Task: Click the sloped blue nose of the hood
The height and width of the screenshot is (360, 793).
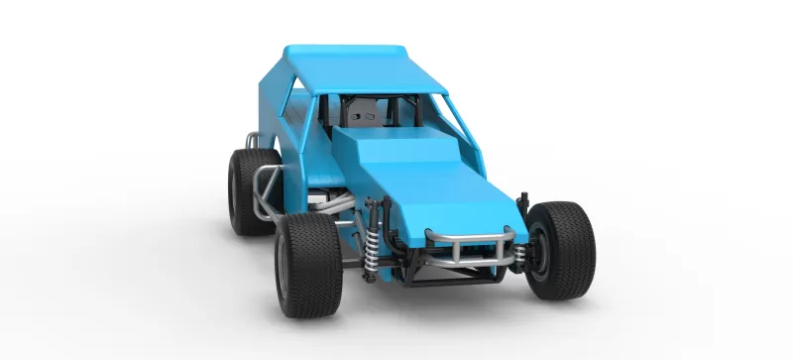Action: tap(446, 198)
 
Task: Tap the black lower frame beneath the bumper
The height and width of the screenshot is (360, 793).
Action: tap(456, 270)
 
